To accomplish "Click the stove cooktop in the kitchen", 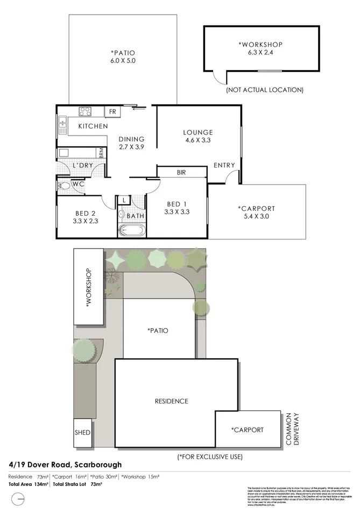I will coord(86,112).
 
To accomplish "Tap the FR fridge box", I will coord(112,112).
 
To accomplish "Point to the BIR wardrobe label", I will coord(181,173).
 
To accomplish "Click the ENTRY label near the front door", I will coord(224,165).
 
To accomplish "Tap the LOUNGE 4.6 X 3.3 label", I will coord(197,137).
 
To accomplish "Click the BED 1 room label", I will coord(178,208).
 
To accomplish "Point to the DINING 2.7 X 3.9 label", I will coord(131,143).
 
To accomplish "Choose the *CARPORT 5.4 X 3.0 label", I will coord(256,213).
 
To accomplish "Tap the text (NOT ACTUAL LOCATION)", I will coord(265,90).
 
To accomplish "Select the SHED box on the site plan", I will coord(83,433).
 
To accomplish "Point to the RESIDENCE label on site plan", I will coord(171,401).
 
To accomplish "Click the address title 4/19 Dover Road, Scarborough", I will coord(65,464).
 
